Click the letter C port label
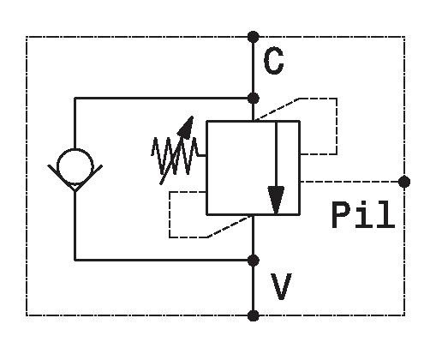(x=273, y=61)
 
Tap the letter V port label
(x=281, y=286)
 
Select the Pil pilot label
(x=363, y=214)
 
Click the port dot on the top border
(x=253, y=37)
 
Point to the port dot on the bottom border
(x=253, y=315)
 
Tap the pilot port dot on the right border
(x=404, y=182)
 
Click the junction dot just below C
(x=253, y=99)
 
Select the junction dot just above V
(x=253, y=261)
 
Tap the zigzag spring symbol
(x=175, y=156)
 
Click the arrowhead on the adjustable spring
(x=186, y=128)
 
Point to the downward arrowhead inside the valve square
(x=276, y=200)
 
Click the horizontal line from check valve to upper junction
(x=164, y=99)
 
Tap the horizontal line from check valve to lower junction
(x=164, y=261)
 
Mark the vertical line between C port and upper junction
(x=253, y=68)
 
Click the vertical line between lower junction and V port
(x=253, y=288)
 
